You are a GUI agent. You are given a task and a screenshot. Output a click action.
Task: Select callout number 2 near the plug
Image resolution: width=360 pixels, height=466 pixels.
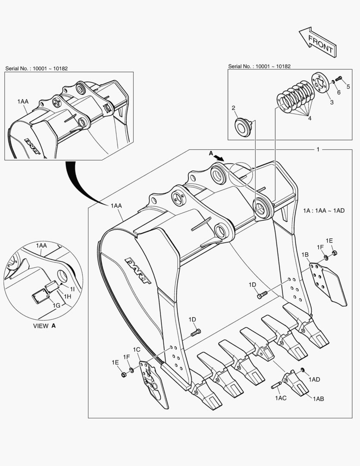[x=233, y=108]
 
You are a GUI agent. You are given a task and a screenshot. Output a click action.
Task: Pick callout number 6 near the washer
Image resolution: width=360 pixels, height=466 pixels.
[x=338, y=92]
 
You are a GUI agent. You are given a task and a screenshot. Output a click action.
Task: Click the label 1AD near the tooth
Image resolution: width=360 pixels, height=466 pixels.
[x=315, y=379]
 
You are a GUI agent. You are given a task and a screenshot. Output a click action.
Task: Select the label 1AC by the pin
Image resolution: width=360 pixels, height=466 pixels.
[x=280, y=398]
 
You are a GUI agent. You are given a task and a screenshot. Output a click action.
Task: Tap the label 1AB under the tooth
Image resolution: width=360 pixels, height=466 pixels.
[x=318, y=399]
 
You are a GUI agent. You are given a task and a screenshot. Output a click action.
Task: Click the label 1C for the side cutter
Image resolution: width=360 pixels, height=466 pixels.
[x=137, y=349]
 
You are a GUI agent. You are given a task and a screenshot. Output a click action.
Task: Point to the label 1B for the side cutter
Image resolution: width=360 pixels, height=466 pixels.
[x=305, y=255]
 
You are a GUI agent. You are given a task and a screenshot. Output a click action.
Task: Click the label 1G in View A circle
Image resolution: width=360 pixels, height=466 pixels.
[x=56, y=305]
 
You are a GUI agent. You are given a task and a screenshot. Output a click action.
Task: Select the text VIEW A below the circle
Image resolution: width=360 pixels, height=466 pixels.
[x=44, y=326]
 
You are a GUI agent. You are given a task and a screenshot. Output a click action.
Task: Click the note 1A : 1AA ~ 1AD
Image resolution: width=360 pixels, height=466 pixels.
[x=324, y=210]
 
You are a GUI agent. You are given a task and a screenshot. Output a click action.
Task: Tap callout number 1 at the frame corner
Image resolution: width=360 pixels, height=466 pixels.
[x=318, y=149]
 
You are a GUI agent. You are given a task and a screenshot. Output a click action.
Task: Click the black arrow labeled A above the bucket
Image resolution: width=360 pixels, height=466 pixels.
[x=219, y=157]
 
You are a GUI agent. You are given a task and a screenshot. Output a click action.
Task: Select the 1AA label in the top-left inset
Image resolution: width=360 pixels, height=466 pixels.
[x=23, y=101]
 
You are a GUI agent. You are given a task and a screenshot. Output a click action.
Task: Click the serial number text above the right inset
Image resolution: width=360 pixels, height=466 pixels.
[x=259, y=66]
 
